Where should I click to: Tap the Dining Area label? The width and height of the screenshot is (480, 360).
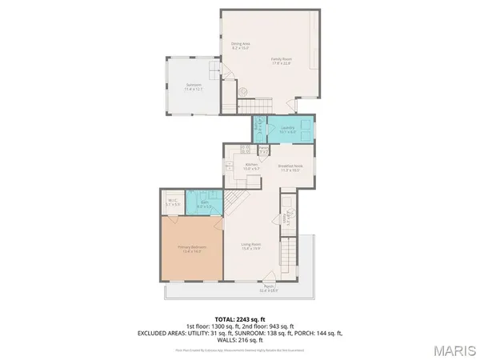coord(241,46)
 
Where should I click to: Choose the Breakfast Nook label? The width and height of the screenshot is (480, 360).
coord(289,168)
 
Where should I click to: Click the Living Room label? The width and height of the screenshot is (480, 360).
coord(253,247)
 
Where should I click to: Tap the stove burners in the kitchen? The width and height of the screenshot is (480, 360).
coord(246,149)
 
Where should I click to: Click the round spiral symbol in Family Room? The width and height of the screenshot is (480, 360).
coord(242,91)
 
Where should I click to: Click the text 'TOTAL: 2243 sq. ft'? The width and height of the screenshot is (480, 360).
coord(239,320)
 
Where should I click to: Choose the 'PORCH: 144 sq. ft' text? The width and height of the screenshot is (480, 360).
coord(310,333)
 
